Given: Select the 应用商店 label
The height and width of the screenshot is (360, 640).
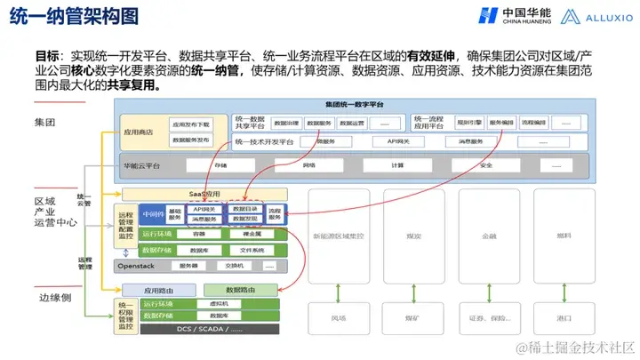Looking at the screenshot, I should click(140, 132).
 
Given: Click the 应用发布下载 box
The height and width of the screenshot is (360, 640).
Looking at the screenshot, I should click(190, 125).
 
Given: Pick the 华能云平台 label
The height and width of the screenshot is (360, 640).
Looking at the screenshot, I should click(143, 165).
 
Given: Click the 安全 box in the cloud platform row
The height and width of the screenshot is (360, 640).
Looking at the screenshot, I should click(485, 165).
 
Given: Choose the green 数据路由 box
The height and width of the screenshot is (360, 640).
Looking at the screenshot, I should click(240, 290).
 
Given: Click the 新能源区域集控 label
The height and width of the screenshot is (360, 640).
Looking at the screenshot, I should click(340, 237).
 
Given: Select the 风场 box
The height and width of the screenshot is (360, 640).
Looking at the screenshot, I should click(340, 318).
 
